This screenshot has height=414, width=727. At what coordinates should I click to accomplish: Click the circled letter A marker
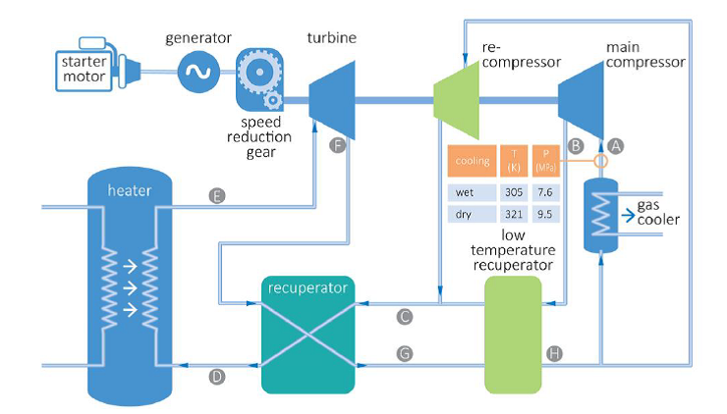616,143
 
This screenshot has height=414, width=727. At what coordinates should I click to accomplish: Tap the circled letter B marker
577,143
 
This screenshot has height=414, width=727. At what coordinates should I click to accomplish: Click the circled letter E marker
217,195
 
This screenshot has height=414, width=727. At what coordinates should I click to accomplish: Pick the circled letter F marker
339,144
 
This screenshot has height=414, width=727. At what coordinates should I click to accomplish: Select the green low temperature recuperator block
513,335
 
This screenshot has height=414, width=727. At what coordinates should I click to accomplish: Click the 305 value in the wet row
513,192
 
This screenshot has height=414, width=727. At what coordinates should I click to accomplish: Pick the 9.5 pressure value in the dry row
544,213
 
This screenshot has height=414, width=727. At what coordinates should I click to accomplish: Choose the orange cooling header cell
471,160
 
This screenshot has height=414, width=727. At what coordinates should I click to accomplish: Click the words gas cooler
657,210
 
